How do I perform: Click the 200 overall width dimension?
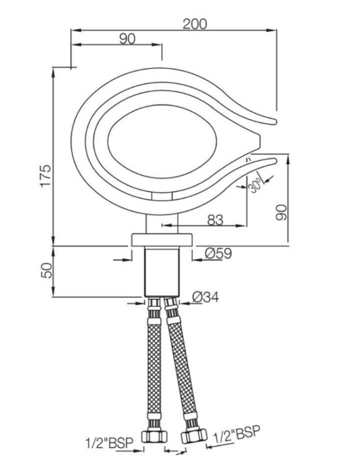195,24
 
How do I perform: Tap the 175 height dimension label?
45,176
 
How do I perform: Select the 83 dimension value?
215,220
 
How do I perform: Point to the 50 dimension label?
46,271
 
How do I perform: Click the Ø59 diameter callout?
218,253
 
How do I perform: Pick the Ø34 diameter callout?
205,297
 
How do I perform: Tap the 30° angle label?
255,185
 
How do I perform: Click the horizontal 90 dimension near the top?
127,39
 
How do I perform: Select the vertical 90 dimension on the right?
281,212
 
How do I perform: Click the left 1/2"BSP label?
109,443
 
